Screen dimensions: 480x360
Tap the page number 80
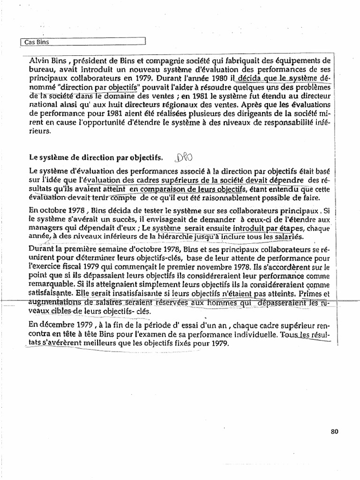pyautogui.click(x=334, y=432)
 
